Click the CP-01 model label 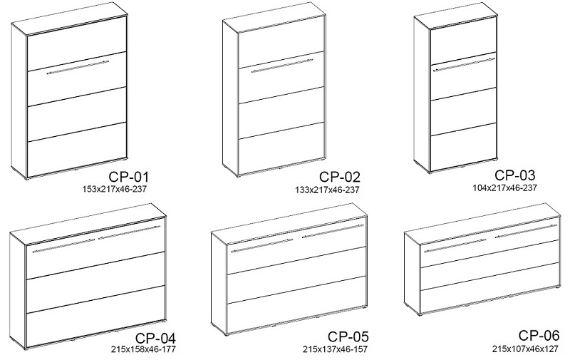click(x=129, y=177)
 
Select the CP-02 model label click(x=340, y=177)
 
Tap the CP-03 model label click(x=514, y=175)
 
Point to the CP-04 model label click(x=155, y=338)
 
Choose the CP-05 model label click(x=348, y=336)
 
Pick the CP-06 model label click(x=539, y=335)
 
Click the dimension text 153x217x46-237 click(x=115, y=189)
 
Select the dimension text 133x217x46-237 click(x=327, y=190)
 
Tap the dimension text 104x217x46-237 click(x=504, y=188)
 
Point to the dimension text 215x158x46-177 click(x=144, y=349)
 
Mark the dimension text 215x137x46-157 click(x=335, y=349)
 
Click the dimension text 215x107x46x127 click(x=525, y=349)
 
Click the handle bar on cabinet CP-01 click(x=78, y=68)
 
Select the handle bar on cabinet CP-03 click(x=463, y=63)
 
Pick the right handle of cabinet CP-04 click(x=129, y=232)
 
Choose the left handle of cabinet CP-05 click(x=261, y=245)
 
